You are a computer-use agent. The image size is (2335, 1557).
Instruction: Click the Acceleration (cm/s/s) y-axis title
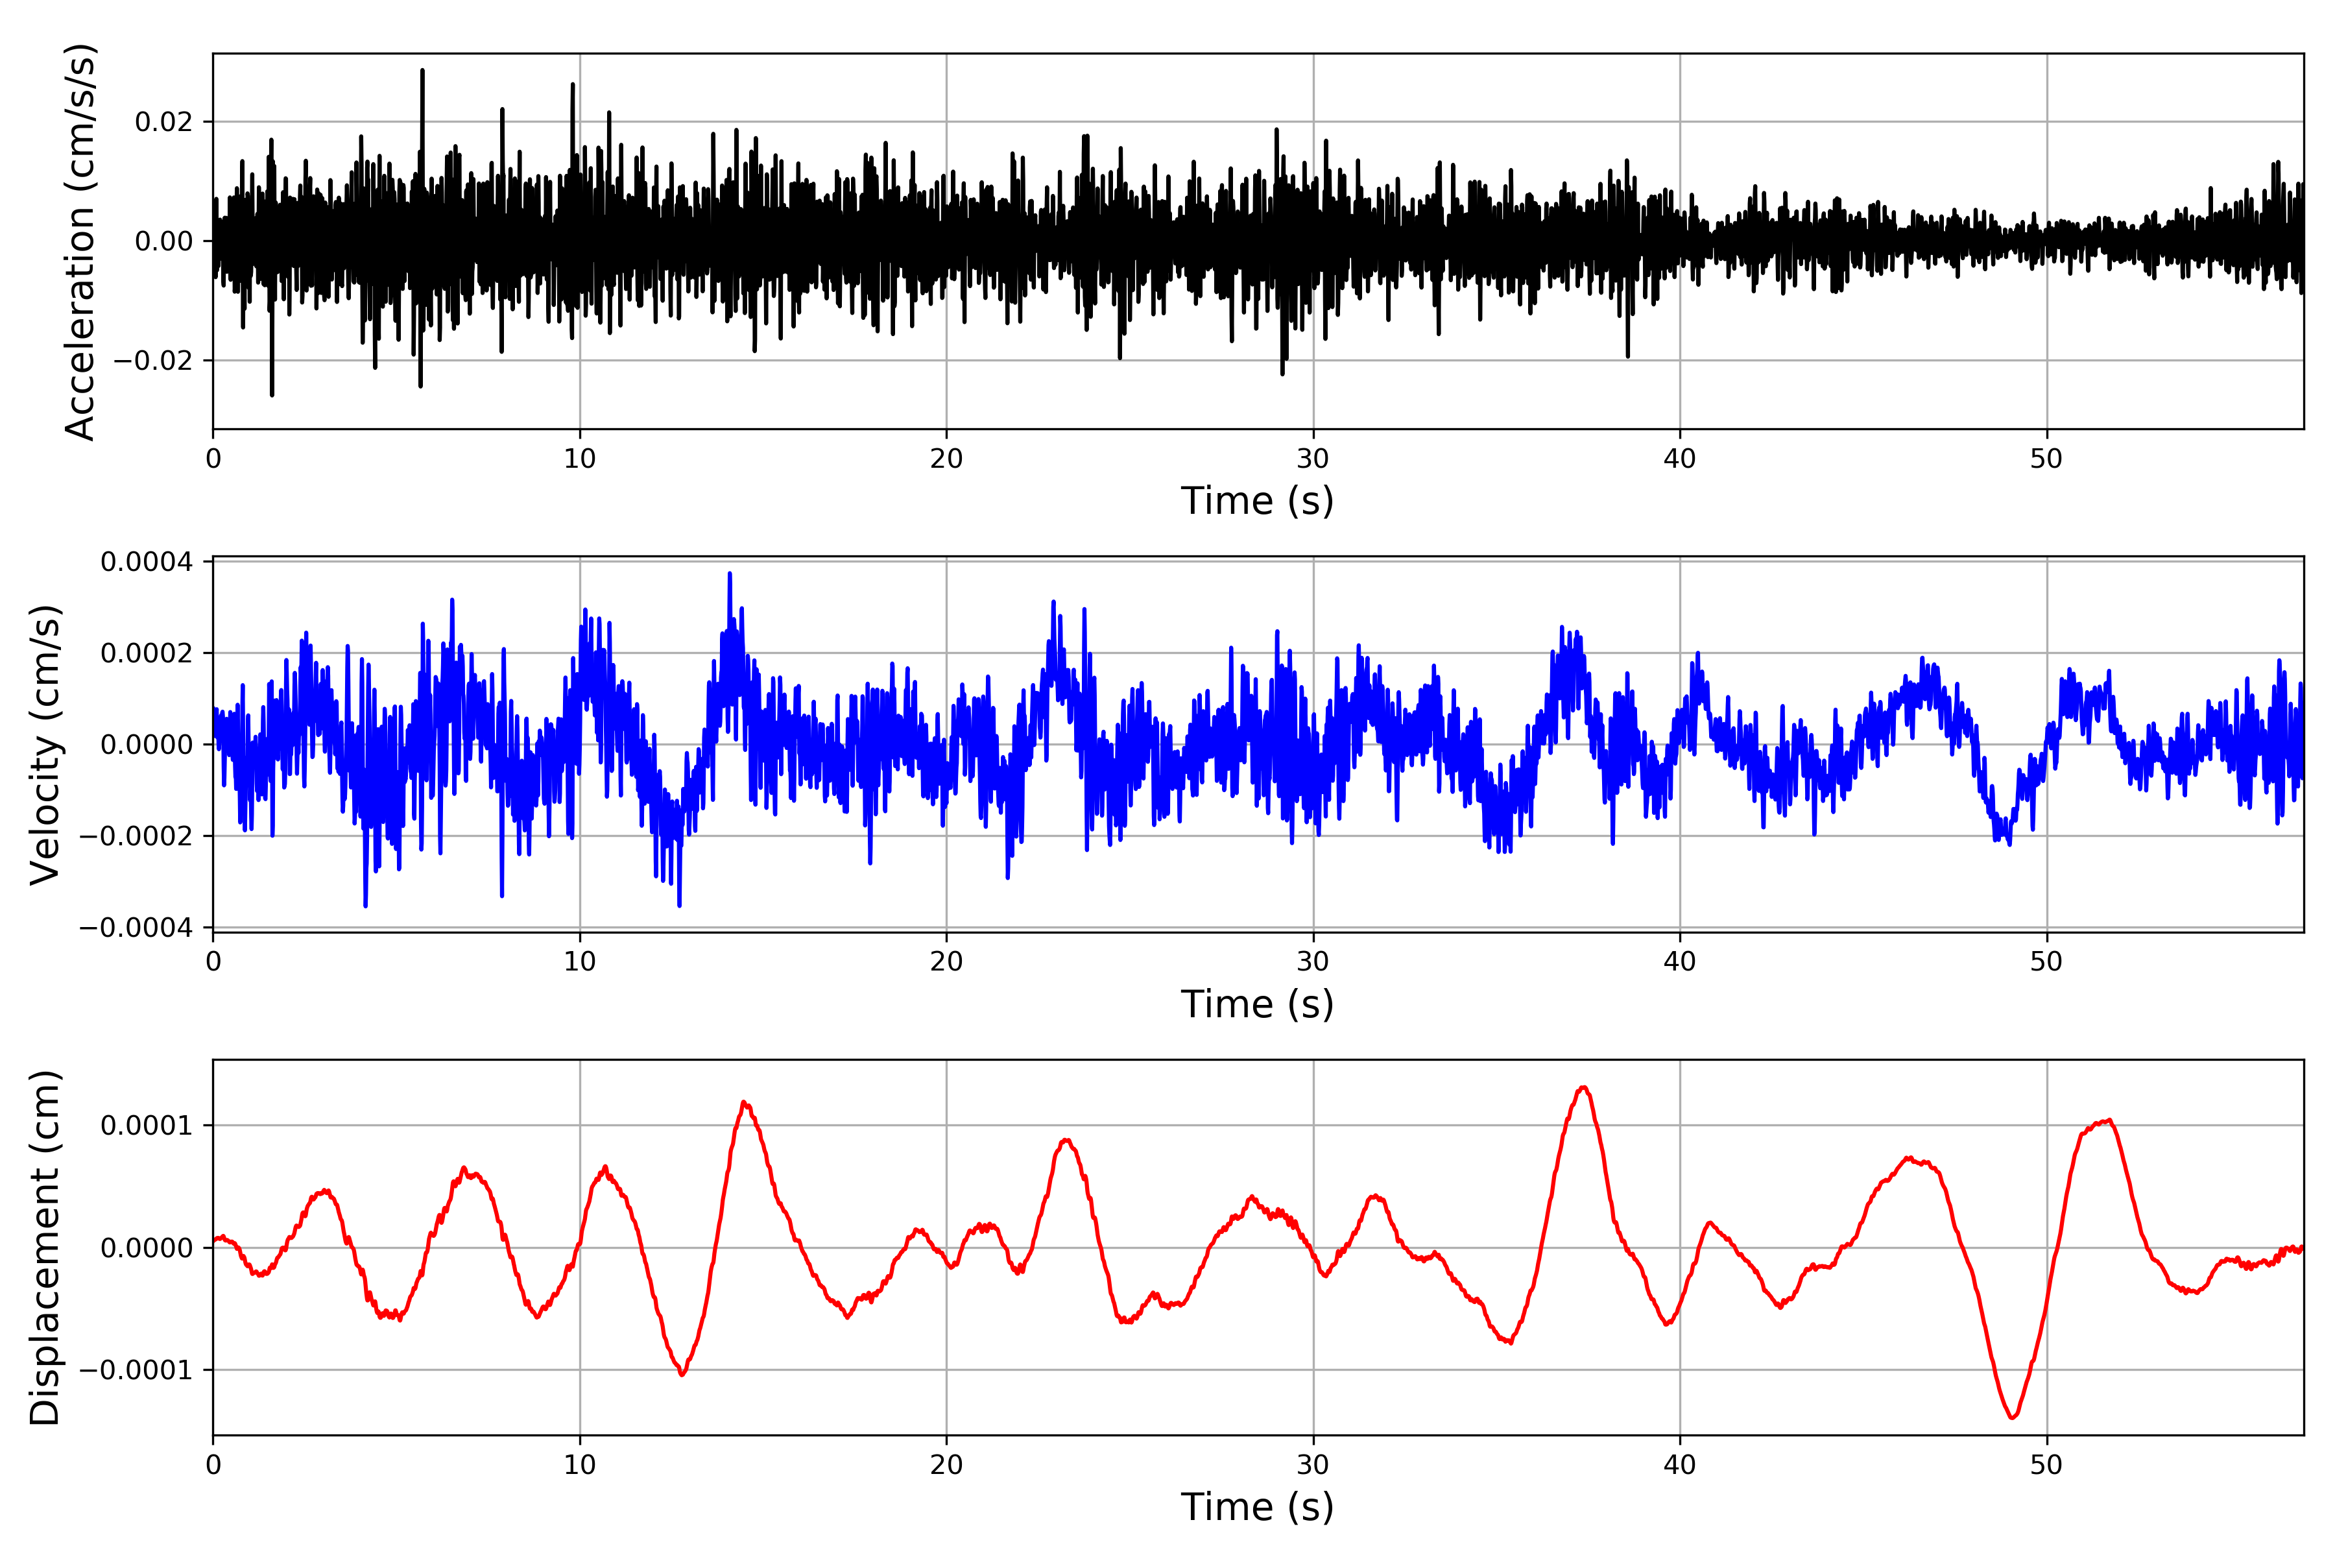point(79,241)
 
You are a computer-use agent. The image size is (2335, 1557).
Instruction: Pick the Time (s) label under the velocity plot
point(1257,1004)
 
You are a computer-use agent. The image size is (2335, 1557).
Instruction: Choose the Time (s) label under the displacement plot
point(1257,1507)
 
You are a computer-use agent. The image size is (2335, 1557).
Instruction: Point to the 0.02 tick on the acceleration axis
point(164,122)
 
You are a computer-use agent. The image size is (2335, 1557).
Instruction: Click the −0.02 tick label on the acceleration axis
point(153,361)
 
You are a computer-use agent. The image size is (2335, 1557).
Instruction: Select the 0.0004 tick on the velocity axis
point(147,562)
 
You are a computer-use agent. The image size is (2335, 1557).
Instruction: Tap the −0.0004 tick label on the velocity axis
point(136,928)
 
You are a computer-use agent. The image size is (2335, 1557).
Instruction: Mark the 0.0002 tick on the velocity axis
point(147,653)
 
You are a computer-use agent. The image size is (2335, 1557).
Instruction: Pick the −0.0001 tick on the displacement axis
point(136,1370)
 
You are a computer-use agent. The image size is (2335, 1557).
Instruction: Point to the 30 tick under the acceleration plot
point(1312,459)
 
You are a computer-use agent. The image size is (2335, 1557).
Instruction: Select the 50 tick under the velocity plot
point(2046,961)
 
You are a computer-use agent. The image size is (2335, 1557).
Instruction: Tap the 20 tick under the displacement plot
point(946,1465)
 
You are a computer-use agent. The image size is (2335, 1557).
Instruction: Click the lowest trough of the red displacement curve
point(2013,1417)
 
